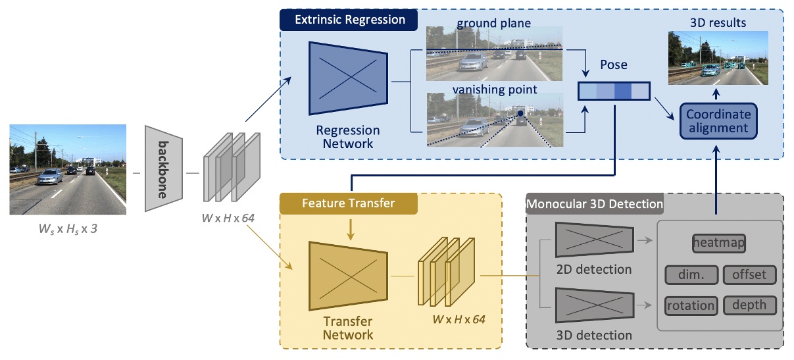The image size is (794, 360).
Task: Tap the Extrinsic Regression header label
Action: pyautogui.click(x=349, y=20)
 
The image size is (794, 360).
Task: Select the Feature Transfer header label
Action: pyautogui.click(x=349, y=203)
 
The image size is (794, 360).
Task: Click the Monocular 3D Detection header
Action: pyautogui.click(x=595, y=204)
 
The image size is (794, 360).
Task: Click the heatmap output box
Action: pyautogui.click(x=718, y=243)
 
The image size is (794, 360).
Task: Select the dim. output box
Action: pyautogui.click(x=691, y=274)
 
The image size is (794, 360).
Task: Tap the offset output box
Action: pyautogui.click(x=749, y=274)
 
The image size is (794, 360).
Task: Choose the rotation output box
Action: pyautogui.click(x=691, y=305)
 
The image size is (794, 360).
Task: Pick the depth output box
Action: pyautogui.click(x=749, y=305)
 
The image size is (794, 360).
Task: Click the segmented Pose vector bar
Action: pyautogui.click(x=614, y=90)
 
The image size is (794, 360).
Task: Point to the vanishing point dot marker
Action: pyautogui.click(x=520, y=114)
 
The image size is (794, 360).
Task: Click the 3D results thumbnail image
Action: pyautogui.click(x=718, y=59)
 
